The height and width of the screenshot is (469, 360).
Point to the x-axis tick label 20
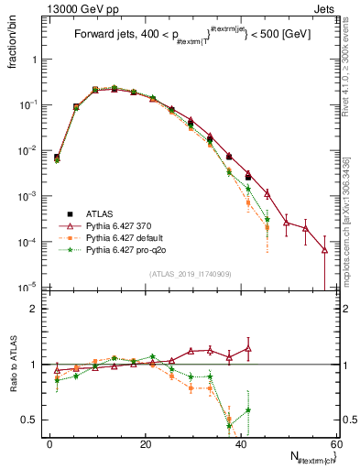pyautogui.click(x=146, y=444)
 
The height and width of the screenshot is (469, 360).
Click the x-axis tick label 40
pyautogui.click(x=242, y=444)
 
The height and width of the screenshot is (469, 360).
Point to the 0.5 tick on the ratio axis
pyautogui.click(x=35, y=420)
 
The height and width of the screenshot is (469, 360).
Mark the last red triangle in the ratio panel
pyautogui.click(x=248, y=348)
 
